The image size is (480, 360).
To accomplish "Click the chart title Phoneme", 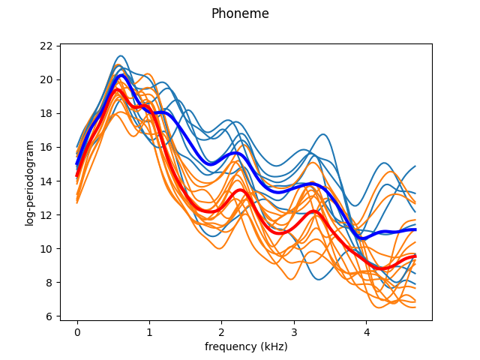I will tap(240, 13).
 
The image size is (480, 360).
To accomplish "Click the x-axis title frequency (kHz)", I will tap(246, 346).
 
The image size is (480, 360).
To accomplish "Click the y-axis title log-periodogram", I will tap(30, 182).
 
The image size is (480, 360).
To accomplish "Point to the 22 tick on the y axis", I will tap(46, 46).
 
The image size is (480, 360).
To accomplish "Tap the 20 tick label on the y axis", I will tap(46, 79).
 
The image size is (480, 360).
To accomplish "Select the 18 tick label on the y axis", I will tap(46, 113).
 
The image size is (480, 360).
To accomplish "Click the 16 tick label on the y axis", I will tap(46, 147).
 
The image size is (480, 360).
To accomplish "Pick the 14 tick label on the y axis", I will tap(46, 181).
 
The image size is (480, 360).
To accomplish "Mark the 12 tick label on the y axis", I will tap(46, 215).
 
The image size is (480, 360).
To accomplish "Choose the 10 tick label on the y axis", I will tap(46, 249).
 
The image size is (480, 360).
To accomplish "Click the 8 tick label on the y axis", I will tap(49, 283).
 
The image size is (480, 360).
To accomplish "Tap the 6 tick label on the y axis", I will tap(49, 316).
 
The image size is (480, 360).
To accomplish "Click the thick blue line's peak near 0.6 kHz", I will tap(121, 76).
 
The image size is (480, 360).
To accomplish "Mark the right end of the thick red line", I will tap(415, 256).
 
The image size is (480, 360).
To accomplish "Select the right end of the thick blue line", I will tap(415, 229).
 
